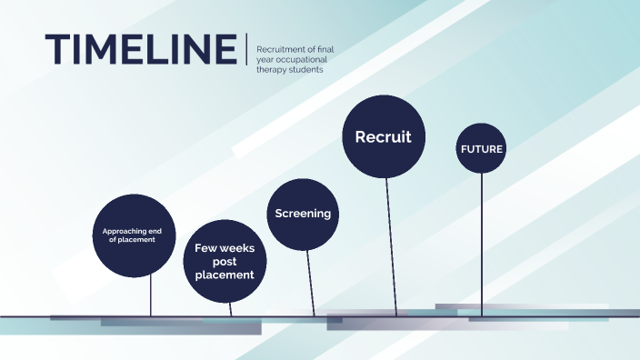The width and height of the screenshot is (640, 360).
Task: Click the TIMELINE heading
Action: click(x=140, y=49)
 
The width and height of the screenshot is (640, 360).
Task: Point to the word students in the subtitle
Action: click(x=305, y=70)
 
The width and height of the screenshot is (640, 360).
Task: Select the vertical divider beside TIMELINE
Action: click(x=246, y=49)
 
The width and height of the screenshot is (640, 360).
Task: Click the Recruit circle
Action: click(x=383, y=137)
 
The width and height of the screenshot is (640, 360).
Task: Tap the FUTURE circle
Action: click(x=481, y=148)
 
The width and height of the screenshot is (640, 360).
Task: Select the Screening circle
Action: click(x=303, y=214)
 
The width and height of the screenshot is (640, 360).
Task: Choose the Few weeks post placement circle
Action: click(x=224, y=261)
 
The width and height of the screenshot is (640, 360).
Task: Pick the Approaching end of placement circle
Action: click(x=134, y=235)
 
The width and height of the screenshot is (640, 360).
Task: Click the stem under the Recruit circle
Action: click(x=391, y=245)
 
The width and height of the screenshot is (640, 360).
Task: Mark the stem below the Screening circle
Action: click(x=310, y=282)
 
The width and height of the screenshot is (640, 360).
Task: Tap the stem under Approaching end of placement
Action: click(x=150, y=295)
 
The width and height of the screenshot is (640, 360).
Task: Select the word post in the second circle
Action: click(x=224, y=261)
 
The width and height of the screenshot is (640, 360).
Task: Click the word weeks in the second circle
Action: click(x=241, y=247)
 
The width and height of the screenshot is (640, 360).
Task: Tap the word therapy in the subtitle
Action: click(x=274, y=70)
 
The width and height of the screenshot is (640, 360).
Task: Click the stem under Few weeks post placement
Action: click(x=231, y=308)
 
